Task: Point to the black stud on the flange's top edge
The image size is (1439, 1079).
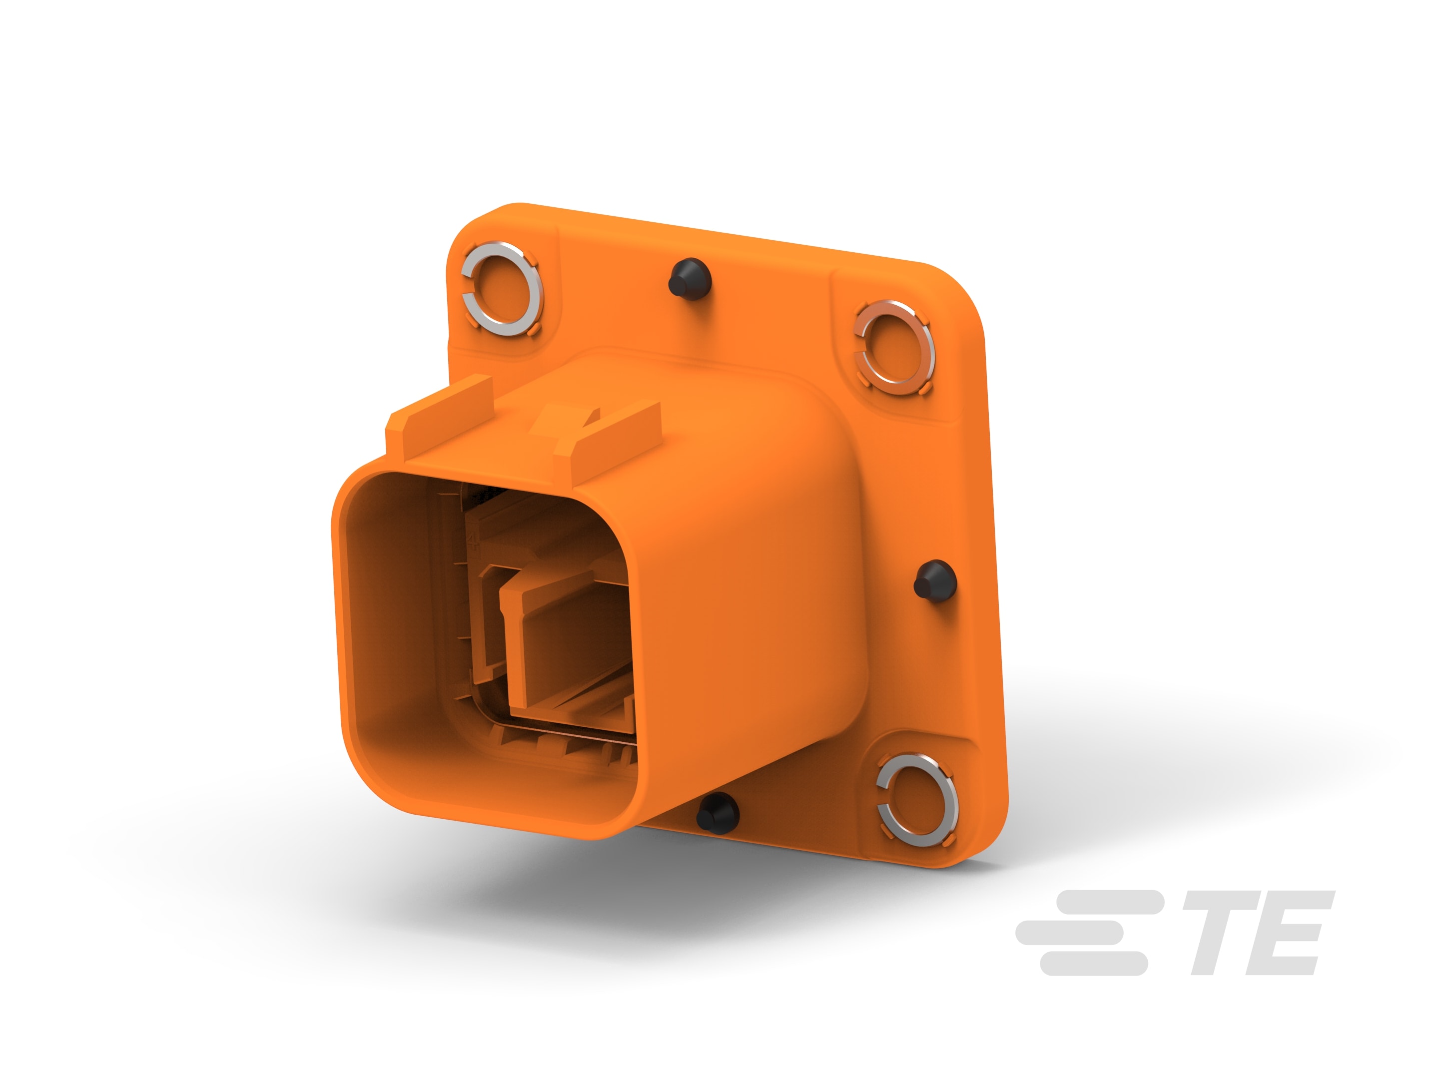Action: (x=690, y=279)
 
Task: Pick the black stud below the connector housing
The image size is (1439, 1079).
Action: (x=718, y=813)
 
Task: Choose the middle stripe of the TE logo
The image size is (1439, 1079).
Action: (x=1069, y=933)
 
